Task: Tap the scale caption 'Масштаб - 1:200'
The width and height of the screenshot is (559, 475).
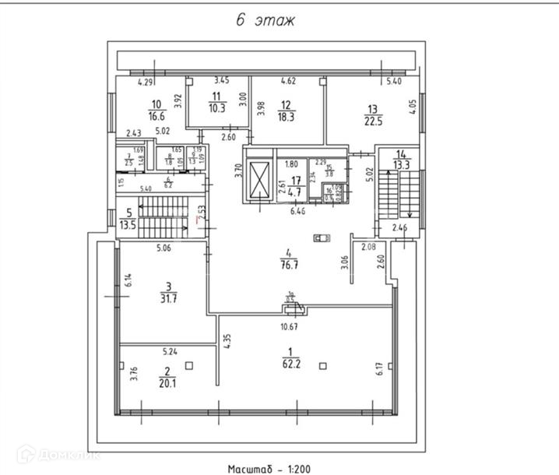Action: (269, 469)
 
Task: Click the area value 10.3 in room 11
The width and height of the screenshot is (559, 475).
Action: (217, 107)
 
